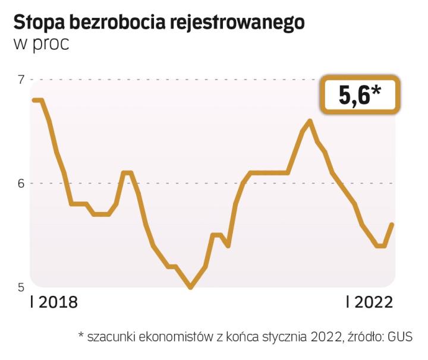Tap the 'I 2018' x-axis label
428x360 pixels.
53,302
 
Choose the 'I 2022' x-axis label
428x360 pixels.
370,302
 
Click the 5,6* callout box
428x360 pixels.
360,94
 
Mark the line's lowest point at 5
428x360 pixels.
190,287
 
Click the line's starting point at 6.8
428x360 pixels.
34,100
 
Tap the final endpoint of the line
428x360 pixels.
392,224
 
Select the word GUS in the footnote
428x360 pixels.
399,336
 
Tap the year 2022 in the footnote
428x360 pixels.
325,336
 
